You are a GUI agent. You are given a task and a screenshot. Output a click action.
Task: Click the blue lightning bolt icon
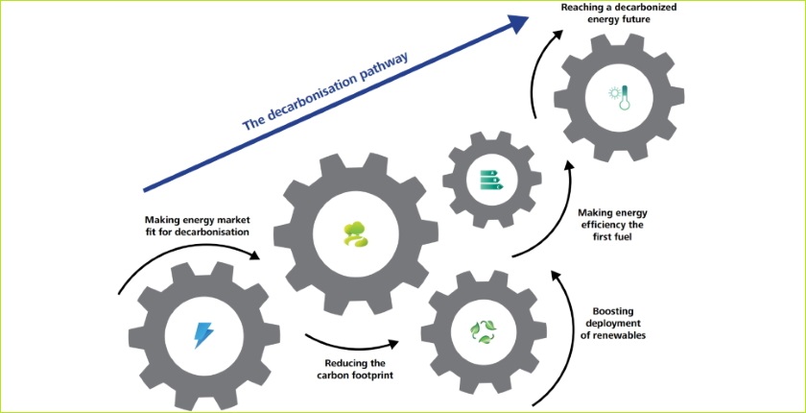click(204, 334)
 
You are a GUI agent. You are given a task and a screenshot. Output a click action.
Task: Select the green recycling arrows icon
click(480, 331)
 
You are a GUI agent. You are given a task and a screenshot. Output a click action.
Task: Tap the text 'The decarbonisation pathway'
click(326, 91)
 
